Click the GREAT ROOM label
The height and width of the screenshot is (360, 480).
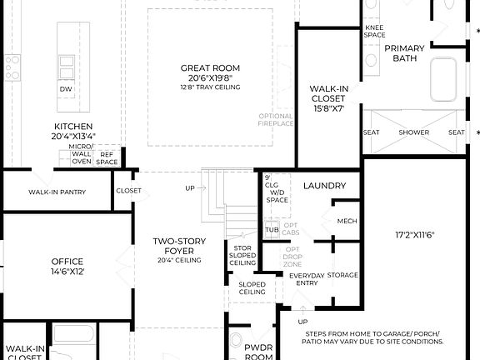click(x=210, y=67)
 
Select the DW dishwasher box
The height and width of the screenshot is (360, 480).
click(x=65, y=89)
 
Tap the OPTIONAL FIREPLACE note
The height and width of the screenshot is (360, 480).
click(x=276, y=119)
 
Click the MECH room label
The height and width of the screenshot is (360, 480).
click(x=347, y=222)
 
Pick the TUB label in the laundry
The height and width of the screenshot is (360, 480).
click(x=272, y=230)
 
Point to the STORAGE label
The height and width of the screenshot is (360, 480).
click(x=342, y=275)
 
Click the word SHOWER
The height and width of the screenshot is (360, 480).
click(x=413, y=132)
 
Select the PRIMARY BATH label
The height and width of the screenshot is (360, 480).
click(x=404, y=53)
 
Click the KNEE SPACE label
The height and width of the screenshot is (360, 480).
click(x=374, y=32)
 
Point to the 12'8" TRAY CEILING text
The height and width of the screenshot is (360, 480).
click(x=210, y=87)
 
